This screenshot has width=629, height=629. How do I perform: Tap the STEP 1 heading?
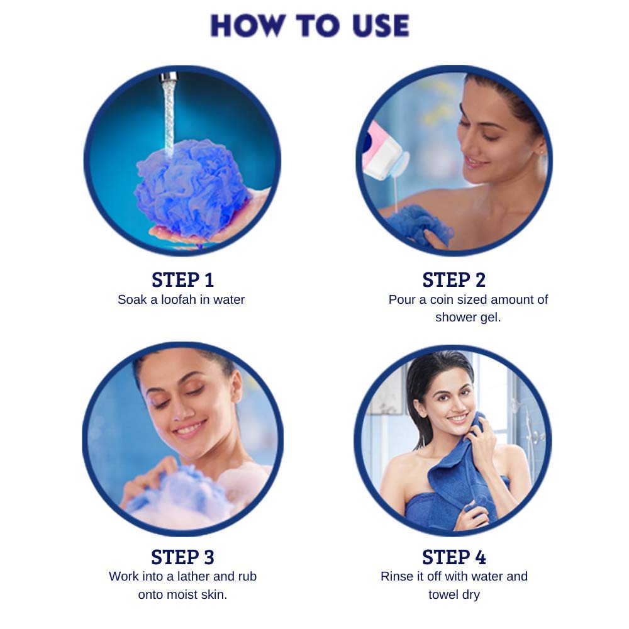[x=182, y=280]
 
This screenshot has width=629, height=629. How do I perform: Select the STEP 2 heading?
[x=454, y=280]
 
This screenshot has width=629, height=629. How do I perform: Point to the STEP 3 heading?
[x=182, y=557]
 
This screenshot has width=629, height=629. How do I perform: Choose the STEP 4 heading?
[x=454, y=557]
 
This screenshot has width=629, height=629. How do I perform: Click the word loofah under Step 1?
[x=171, y=299]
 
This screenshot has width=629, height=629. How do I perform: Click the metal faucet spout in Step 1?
[x=169, y=77]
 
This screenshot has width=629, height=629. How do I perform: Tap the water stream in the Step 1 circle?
[x=169, y=116]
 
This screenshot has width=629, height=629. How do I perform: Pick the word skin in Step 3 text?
[x=214, y=594]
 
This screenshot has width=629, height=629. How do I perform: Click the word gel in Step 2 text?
[x=491, y=318]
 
